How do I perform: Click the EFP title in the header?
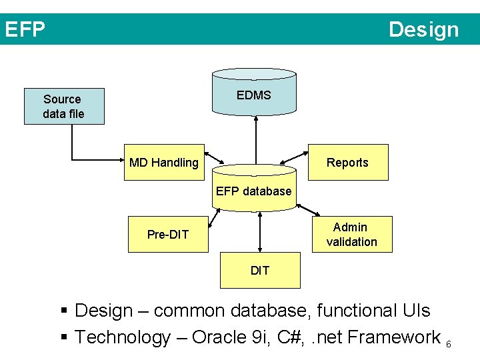[x=25, y=30]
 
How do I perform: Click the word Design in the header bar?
[x=423, y=30]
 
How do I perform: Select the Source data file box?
[x=64, y=107]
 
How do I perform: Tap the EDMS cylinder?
[x=254, y=95]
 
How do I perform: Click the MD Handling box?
[x=164, y=163]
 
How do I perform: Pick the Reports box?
[x=347, y=163]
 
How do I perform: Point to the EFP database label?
[x=253, y=191]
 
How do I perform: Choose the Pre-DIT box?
[x=168, y=234]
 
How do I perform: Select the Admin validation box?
[x=352, y=235]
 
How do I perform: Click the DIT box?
[x=260, y=270]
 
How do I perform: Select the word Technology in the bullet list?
[x=123, y=337]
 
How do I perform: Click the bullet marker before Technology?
[x=65, y=337]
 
